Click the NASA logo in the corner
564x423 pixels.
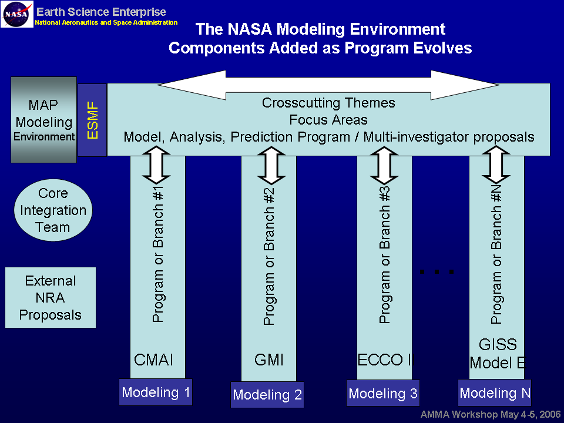tap(17, 14)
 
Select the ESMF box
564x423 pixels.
tap(92, 120)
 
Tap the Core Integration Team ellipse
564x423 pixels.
tap(53, 210)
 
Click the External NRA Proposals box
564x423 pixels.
tap(50, 298)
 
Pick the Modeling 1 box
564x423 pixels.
tap(156, 392)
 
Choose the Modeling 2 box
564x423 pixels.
tap(267, 395)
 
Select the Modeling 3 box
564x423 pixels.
tap(383, 394)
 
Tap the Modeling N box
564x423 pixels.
tap(495, 392)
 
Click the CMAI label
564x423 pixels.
tap(154, 360)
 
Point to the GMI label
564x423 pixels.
tap(268, 360)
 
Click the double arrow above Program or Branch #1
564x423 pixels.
tap(156, 165)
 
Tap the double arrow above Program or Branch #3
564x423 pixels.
tap(384, 165)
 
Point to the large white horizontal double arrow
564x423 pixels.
tap(328, 85)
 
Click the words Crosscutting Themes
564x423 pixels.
tap(328, 103)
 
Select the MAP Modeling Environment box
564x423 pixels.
tap(44, 120)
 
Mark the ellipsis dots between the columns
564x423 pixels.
tap(437, 271)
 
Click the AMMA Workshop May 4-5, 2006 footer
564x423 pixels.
tap(491, 414)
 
